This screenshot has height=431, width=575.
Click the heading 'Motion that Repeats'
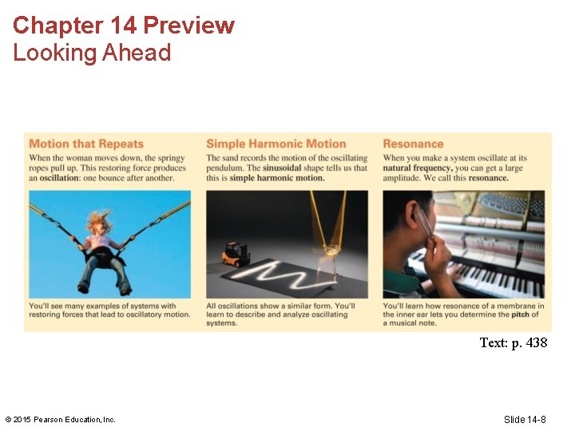coord(86,144)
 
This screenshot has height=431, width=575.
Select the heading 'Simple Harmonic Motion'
coord(276,144)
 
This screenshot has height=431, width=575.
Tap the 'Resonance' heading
coord(413,144)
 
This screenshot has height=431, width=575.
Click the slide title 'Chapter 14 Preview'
coord(124,26)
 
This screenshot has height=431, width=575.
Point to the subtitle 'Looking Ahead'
coord(92,53)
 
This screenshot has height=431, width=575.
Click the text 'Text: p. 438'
coord(513,343)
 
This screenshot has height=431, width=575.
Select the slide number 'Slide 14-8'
coord(525,420)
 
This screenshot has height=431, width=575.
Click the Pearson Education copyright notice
coord(61,420)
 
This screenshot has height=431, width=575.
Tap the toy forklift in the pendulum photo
coord(236,254)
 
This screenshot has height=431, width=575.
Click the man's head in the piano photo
coord(410,219)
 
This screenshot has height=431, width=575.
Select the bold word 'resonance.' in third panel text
coord(488,178)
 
